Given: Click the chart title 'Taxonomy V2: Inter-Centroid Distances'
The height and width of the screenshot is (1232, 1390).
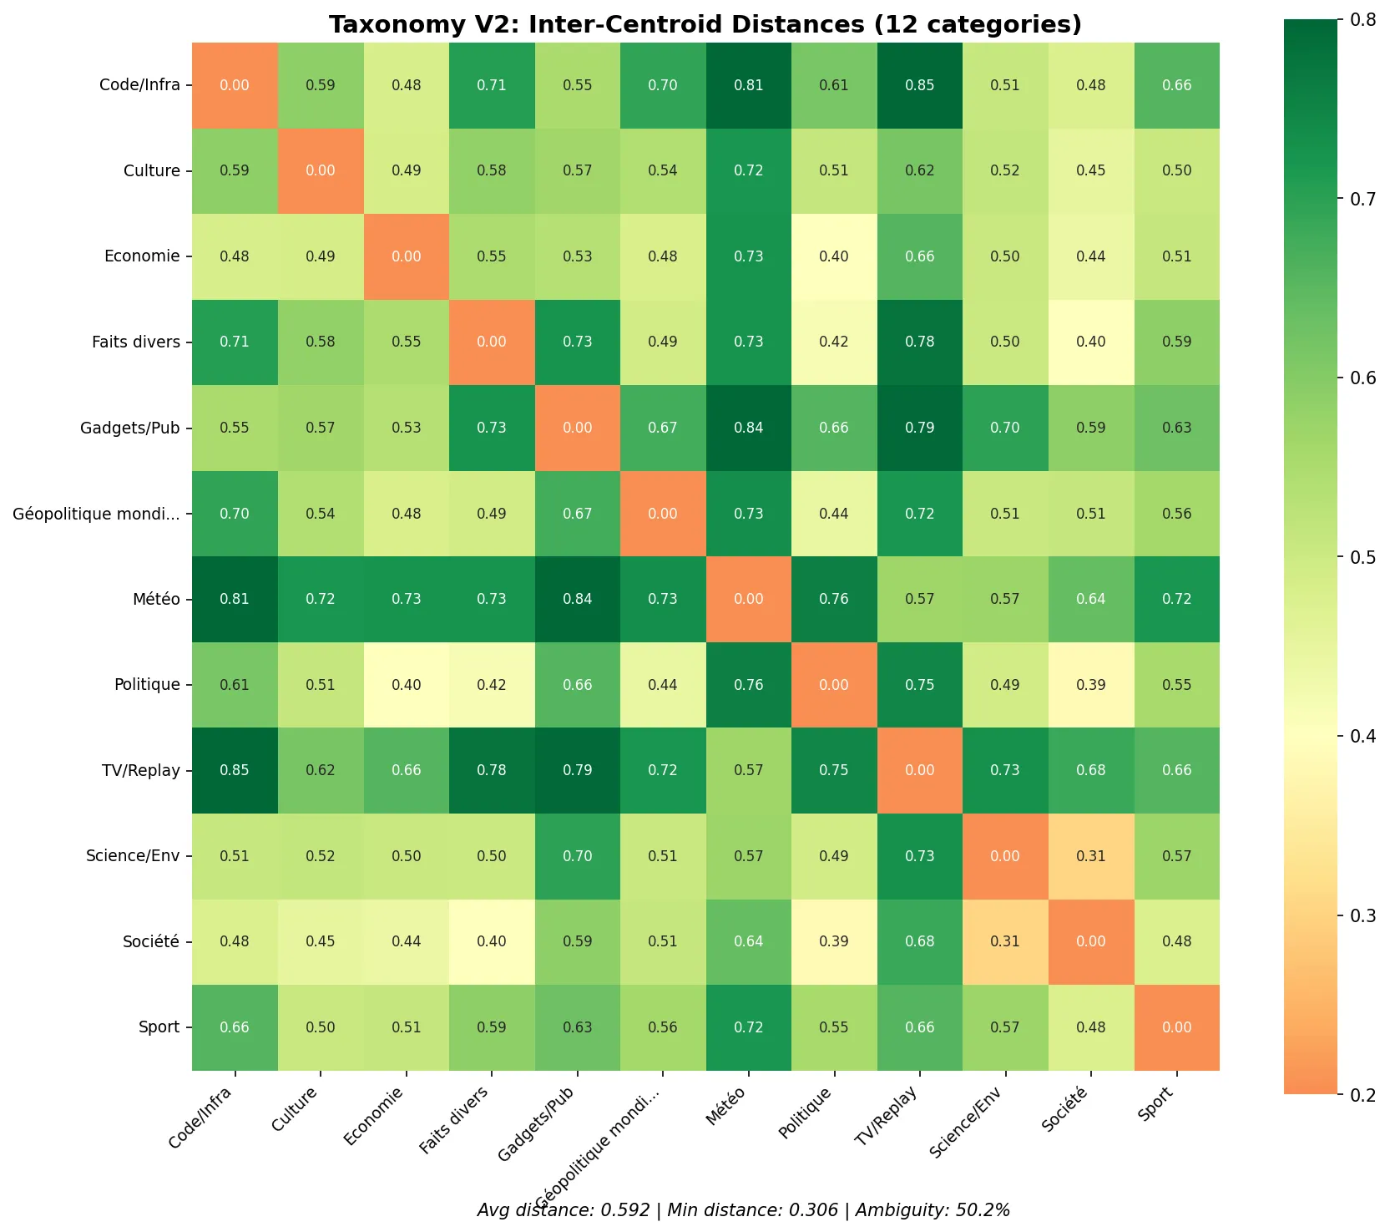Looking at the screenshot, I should click(705, 24).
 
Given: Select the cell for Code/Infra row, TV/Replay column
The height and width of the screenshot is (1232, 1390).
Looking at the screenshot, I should click(919, 85).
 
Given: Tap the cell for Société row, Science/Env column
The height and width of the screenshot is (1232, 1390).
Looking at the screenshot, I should click(1005, 941).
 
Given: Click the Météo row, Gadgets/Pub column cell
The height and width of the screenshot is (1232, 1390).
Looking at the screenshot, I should click(577, 599).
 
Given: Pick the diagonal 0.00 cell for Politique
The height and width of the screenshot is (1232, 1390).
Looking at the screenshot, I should click(833, 685).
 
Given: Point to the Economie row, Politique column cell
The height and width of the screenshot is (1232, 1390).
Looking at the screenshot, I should click(833, 256).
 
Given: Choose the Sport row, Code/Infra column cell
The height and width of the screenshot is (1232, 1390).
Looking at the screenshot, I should click(235, 1027).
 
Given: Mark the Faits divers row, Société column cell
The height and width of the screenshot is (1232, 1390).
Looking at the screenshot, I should click(1090, 342).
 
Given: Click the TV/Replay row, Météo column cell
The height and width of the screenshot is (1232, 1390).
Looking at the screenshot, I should click(748, 770).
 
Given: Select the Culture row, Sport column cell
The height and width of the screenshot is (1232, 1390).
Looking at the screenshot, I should click(1176, 170).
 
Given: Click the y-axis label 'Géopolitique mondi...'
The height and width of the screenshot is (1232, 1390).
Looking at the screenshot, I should click(96, 514).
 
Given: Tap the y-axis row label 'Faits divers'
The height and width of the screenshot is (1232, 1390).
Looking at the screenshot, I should click(136, 342).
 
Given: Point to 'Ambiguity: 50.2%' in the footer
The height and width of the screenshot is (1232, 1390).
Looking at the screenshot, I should click(933, 1210).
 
